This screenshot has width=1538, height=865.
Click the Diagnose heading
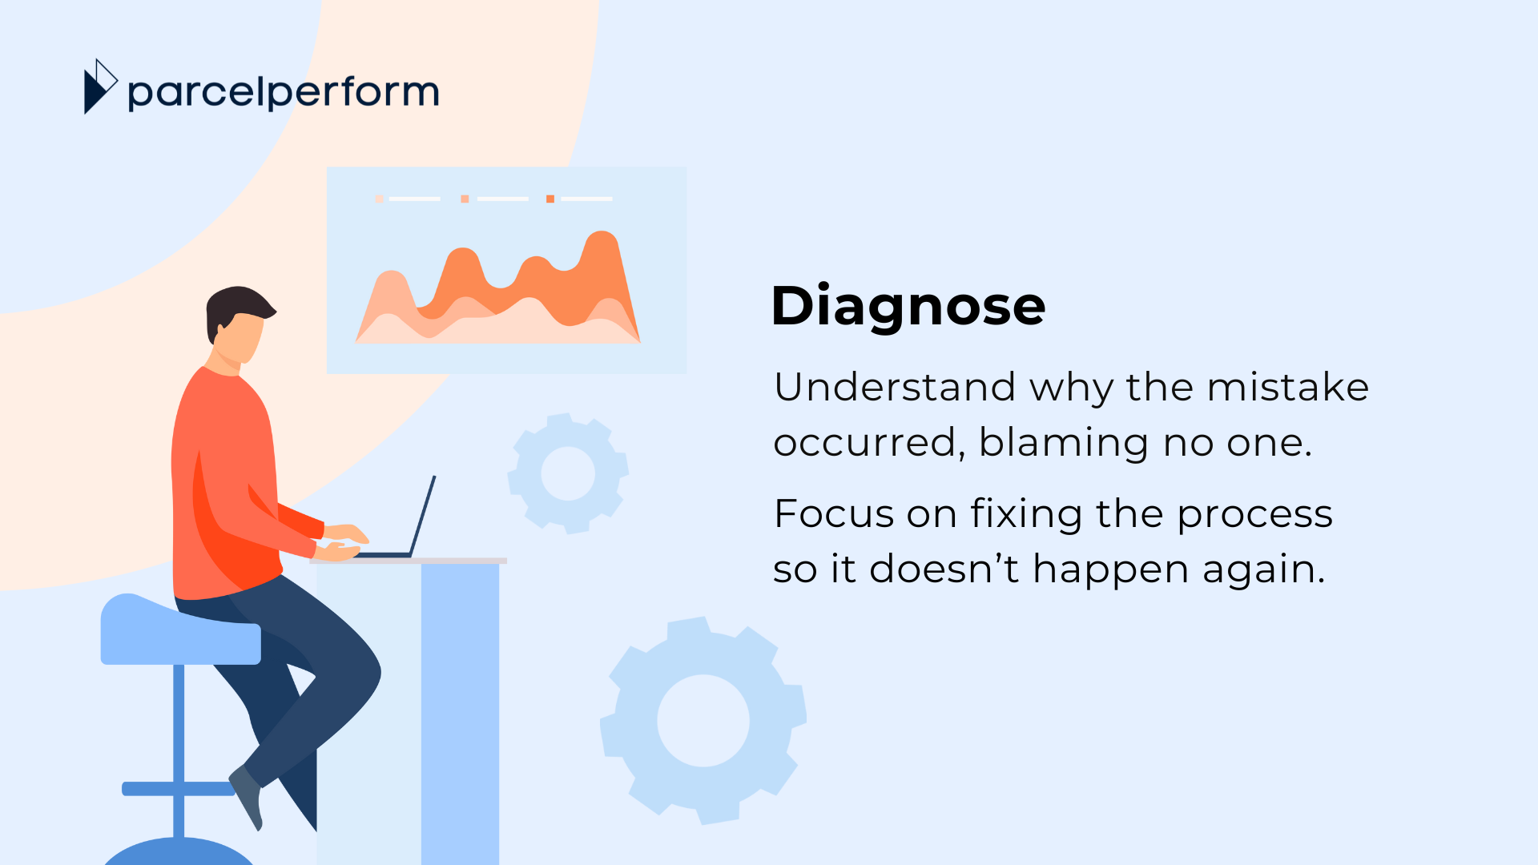tap(908, 306)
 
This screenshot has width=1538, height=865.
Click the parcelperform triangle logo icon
tap(99, 86)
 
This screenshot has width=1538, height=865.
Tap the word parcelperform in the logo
tap(284, 92)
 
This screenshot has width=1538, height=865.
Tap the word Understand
tap(895, 387)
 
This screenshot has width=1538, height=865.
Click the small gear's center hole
tap(568, 473)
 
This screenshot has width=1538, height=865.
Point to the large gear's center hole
tap(703, 721)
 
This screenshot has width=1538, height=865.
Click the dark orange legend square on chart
tap(550, 199)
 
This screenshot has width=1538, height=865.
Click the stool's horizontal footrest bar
tap(178, 789)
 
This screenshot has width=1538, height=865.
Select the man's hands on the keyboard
tap(343, 543)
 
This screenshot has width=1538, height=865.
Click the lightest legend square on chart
tap(380, 199)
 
